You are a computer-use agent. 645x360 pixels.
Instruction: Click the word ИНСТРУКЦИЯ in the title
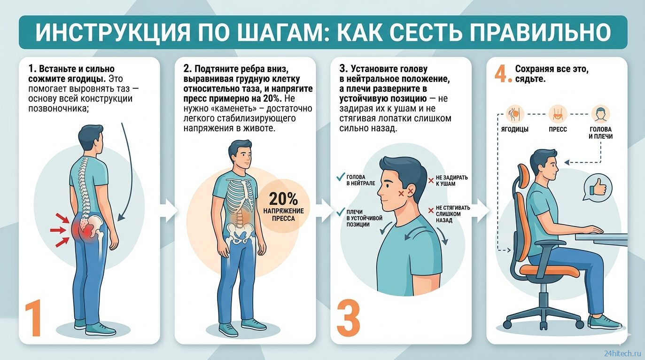click(113, 32)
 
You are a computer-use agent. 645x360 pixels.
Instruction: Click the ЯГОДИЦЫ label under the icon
click(515, 129)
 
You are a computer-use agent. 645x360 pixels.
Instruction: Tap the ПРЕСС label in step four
click(558, 129)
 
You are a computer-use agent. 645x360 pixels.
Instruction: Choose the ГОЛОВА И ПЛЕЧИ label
click(600, 133)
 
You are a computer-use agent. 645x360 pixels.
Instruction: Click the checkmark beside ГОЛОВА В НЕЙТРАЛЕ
click(341, 177)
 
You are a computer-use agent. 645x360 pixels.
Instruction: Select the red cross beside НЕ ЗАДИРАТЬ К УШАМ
click(431, 180)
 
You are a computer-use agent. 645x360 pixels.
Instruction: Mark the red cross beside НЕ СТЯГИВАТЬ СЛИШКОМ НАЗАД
click(431, 211)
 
